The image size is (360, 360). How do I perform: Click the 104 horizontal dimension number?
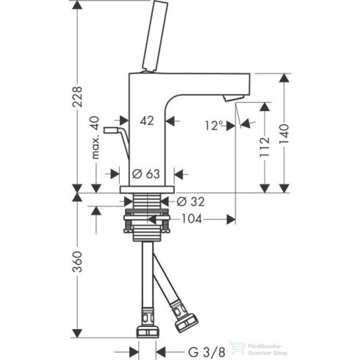pos(192,219)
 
